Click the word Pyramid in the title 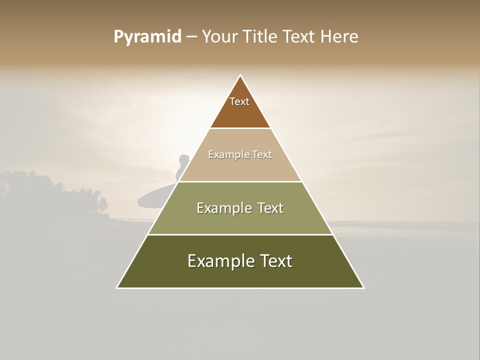147,36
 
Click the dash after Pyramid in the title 191,37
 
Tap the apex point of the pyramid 240,75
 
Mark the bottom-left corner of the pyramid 117,288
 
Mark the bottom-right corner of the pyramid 363,288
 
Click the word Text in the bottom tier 275,261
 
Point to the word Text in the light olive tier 267,208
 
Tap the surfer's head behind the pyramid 183,159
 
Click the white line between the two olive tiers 240,234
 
